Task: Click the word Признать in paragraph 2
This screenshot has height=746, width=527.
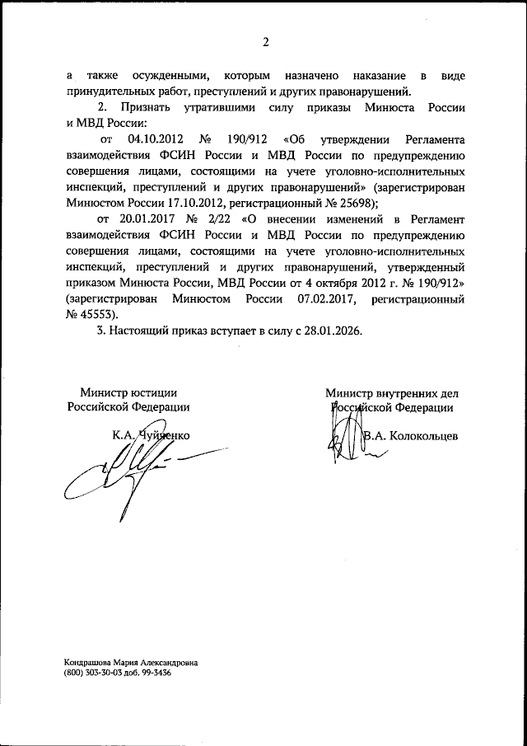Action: coord(146,108)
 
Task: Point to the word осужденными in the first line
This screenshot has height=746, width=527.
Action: coord(166,76)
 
